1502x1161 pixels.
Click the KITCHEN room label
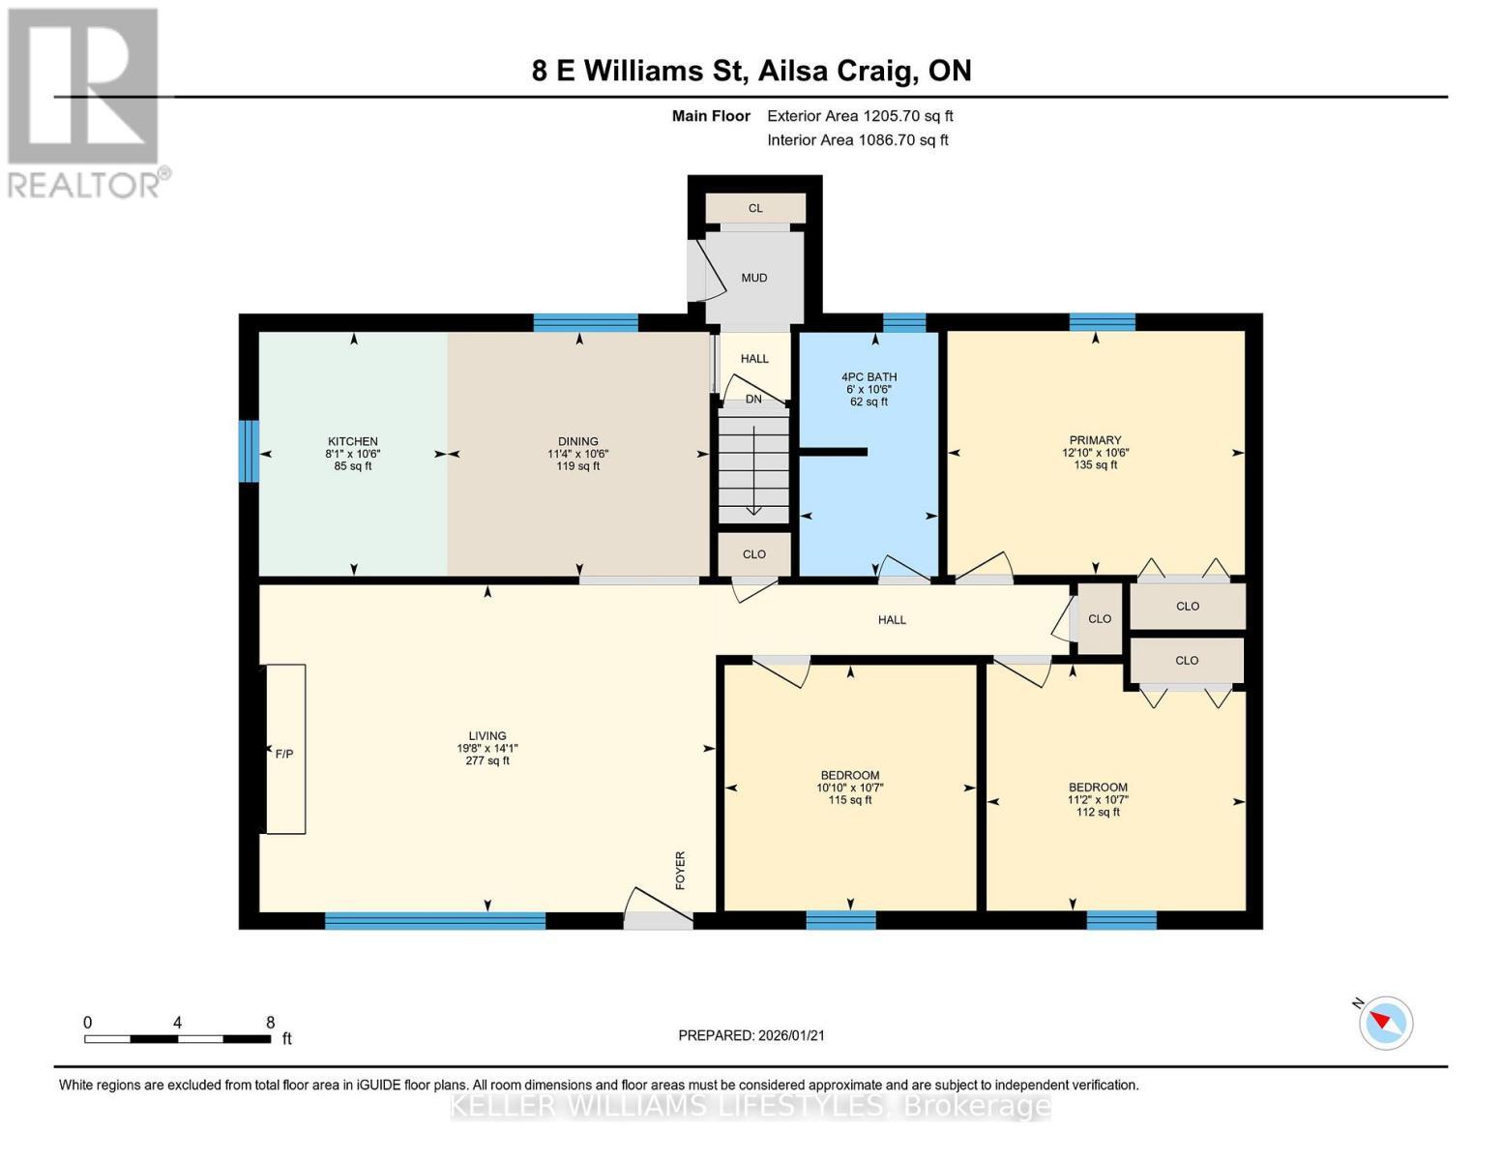pos(352,441)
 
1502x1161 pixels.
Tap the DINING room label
pos(577,441)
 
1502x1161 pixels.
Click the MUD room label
pos(754,278)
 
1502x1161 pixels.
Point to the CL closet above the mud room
pos(755,208)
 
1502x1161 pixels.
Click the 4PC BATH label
pos(869,376)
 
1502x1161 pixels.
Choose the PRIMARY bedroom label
pos(1095,440)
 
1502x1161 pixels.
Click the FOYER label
pos(680,870)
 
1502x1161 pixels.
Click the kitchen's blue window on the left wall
pos(250,451)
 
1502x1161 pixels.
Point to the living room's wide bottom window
pos(435,921)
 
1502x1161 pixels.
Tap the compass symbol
pos(1386,1022)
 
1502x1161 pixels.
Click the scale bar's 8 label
pos(270,1023)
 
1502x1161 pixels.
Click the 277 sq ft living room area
pos(487,761)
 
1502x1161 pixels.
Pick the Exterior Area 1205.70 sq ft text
pos(860,116)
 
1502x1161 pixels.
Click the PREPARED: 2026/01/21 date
pos(751,1035)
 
